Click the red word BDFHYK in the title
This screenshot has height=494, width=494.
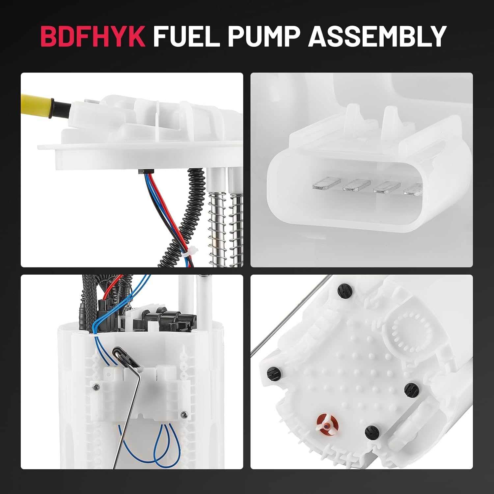93,36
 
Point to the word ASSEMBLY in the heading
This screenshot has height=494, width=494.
377,36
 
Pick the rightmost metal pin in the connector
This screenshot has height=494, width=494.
413,189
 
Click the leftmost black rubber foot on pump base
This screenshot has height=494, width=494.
274,374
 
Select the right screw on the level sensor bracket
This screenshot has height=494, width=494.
184,414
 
